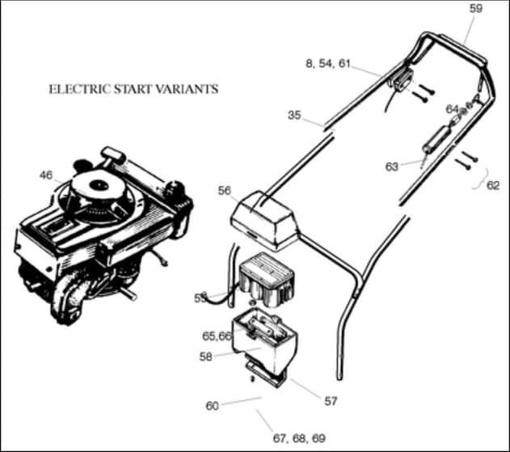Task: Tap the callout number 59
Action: pos(475,9)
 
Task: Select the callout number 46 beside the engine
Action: pos(46,175)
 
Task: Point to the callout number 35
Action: pos(294,115)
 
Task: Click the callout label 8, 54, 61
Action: pos(328,63)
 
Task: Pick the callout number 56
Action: pos(225,191)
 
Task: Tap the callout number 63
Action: pos(392,167)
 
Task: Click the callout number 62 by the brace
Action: pos(493,185)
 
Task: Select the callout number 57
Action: pos(331,401)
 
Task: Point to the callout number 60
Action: pos(213,406)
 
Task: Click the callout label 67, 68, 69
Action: pos(299,438)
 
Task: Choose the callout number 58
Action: pos(205,357)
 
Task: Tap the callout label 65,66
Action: pos(217,336)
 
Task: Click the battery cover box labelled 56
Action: pos(264,221)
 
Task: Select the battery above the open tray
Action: pos(267,280)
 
